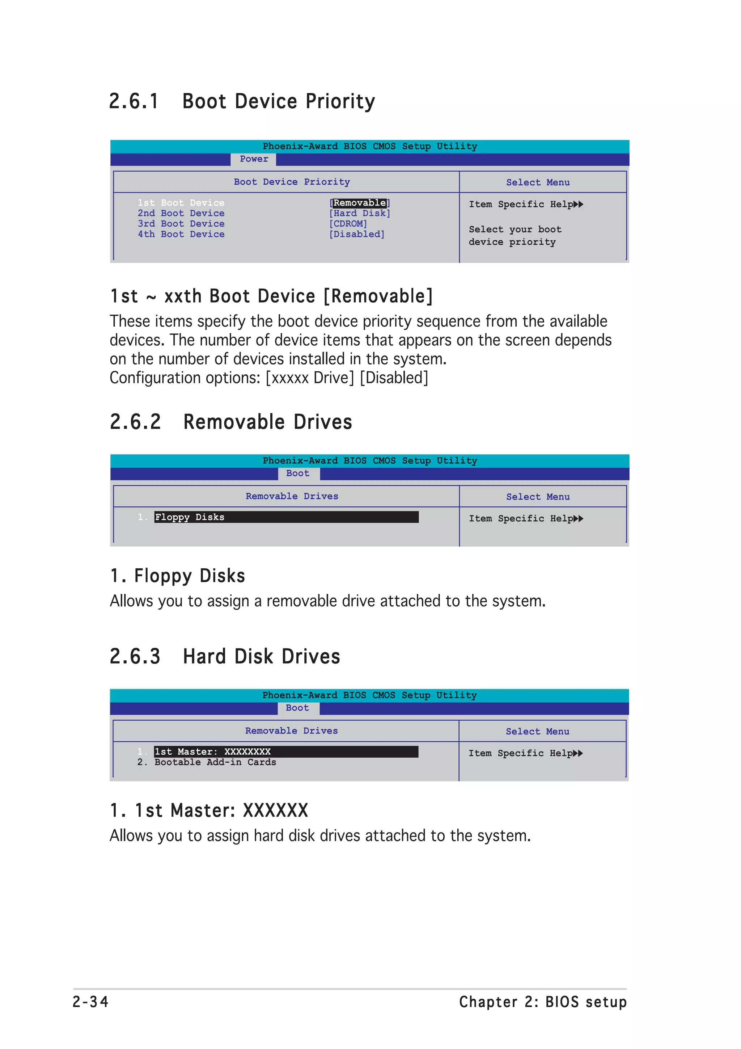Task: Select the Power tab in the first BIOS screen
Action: (254, 159)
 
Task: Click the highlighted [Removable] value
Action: (359, 203)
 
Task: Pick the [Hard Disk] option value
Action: (360, 213)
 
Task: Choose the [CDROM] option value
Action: (348, 224)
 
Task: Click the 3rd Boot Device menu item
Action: (181, 224)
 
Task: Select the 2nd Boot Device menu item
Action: (181, 213)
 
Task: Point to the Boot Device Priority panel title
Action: (292, 182)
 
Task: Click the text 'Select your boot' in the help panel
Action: (515, 229)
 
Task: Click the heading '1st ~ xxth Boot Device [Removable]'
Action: (271, 296)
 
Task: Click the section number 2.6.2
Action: (135, 422)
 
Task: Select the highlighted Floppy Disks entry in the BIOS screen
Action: (190, 517)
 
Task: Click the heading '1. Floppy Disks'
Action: (178, 576)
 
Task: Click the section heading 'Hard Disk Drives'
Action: (262, 657)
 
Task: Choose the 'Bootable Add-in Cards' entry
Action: (215, 762)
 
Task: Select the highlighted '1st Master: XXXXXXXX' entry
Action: (213, 751)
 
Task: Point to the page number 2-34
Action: (90, 1002)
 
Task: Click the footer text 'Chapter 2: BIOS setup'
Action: (543, 1002)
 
